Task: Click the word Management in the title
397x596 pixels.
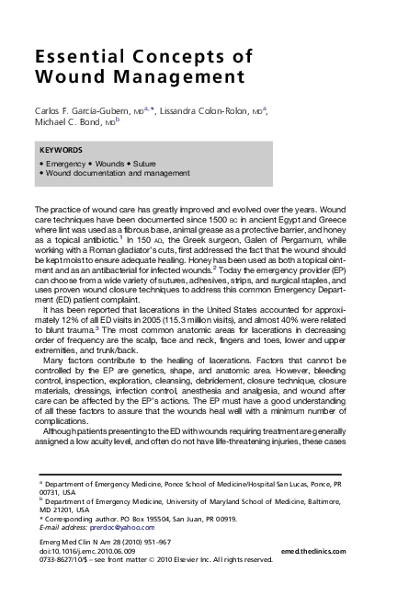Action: point(170,75)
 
